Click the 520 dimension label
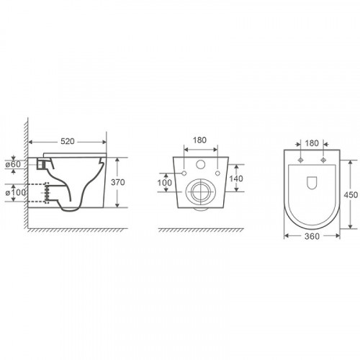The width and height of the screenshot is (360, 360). [68, 142]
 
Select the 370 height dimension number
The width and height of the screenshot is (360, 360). [118, 182]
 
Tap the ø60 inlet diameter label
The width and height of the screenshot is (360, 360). [14, 164]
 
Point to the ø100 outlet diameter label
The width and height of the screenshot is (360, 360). [16, 192]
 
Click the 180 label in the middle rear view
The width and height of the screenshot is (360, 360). [199, 140]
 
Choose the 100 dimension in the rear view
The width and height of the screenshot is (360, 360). [165, 183]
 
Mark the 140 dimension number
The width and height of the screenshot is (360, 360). [236, 179]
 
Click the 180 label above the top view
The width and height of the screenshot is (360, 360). [312, 143]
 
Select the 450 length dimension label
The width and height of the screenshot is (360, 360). [351, 195]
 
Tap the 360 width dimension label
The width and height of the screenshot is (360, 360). [312, 236]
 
